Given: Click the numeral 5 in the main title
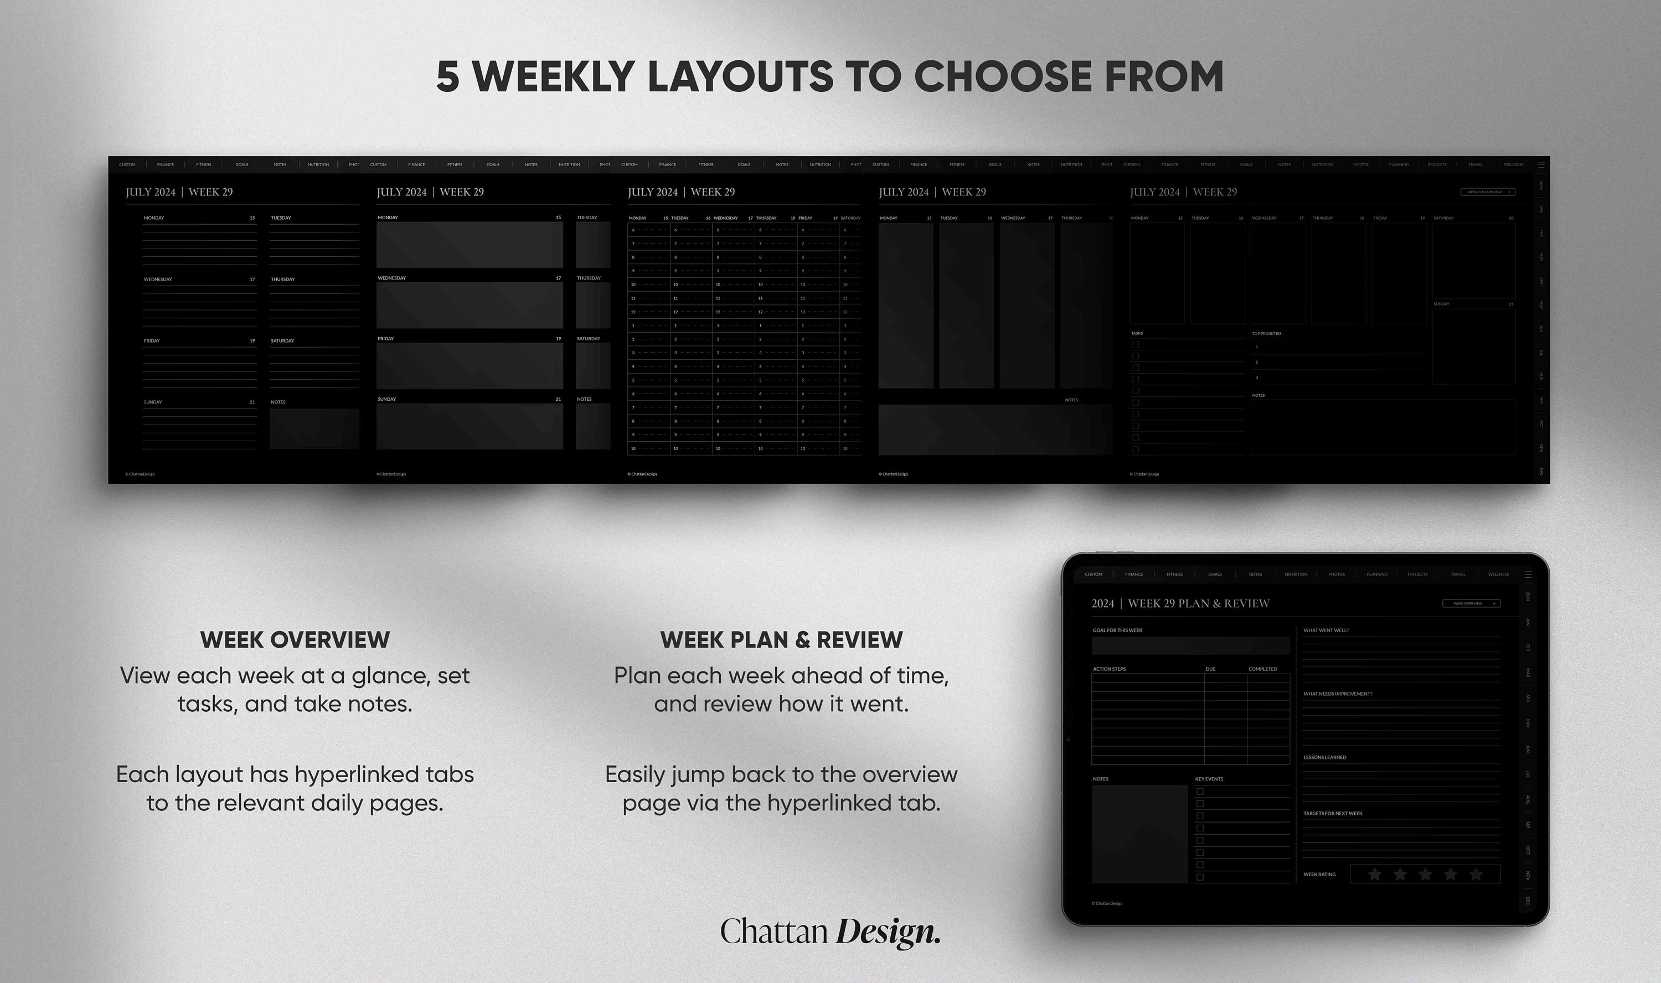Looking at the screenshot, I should (x=448, y=77).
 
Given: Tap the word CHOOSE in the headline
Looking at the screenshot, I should (x=1002, y=77).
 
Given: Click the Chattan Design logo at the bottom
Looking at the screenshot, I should (x=830, y=932).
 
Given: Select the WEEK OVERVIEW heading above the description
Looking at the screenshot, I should (x=295, y=640).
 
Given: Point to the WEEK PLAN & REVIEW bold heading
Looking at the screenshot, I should (x=781, y=640).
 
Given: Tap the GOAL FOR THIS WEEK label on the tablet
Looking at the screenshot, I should (x=1117, y=630).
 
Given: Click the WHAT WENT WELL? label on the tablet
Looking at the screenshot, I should (x=1325, y=630).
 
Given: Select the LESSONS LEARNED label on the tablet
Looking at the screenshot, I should (x=1324, y=758).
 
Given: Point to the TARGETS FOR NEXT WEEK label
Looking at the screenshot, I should (x=1332, y=814).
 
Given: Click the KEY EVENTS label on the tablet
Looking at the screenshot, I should (x=1209, y=779).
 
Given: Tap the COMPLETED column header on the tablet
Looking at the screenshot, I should (x=1262, y=669).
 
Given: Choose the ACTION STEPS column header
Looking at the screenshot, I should (x=1109, y=669).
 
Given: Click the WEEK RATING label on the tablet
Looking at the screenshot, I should (x=1319, y=875).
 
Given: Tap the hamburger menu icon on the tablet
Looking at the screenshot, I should (x=1528, y=575).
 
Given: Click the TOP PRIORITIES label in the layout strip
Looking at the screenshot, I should (x=1266, y=334).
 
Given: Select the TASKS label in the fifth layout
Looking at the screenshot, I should (x=1137, y=334).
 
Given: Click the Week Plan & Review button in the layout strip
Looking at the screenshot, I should (x=1487, y=192).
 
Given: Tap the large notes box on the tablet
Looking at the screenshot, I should (x=1139, y=834).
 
